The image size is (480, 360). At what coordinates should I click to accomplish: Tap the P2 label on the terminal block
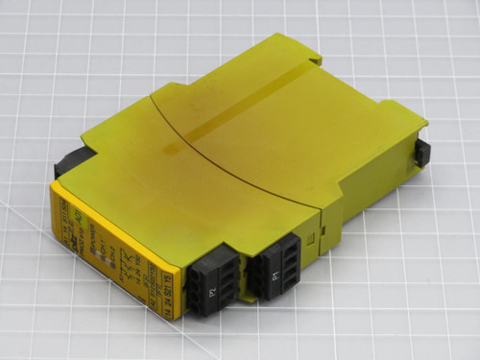pos(212,289)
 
